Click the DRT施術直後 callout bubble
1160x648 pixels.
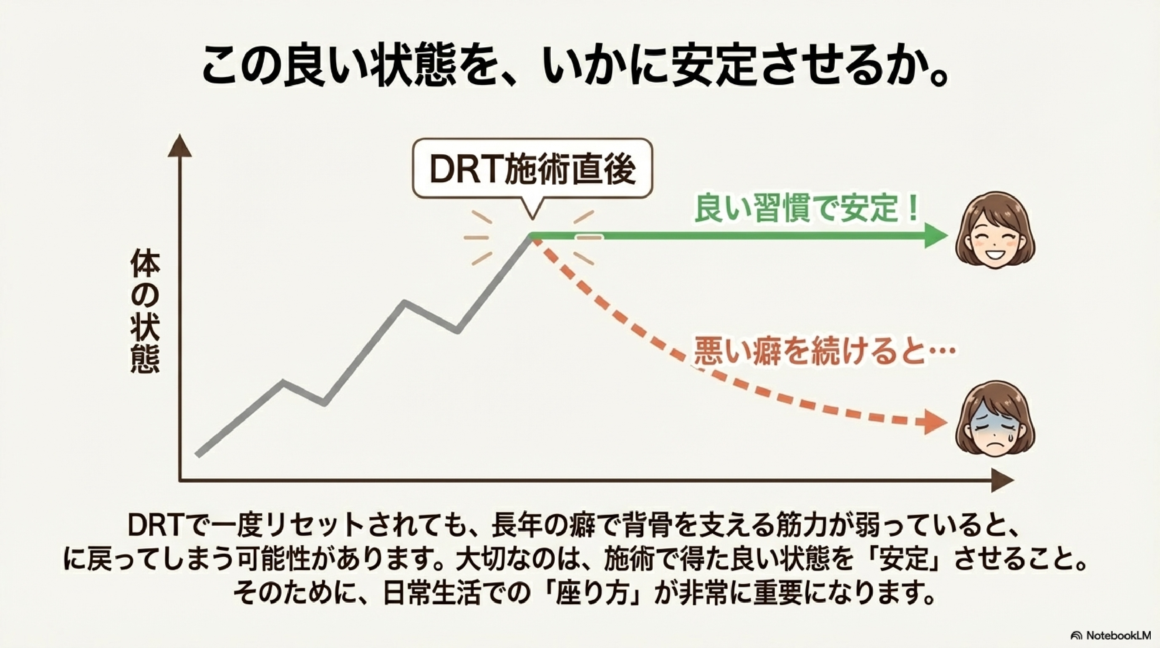[532, 169]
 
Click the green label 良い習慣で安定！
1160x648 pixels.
[806, 209]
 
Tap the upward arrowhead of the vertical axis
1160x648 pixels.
[180, 145]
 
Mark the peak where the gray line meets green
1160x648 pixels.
[532, 235]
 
